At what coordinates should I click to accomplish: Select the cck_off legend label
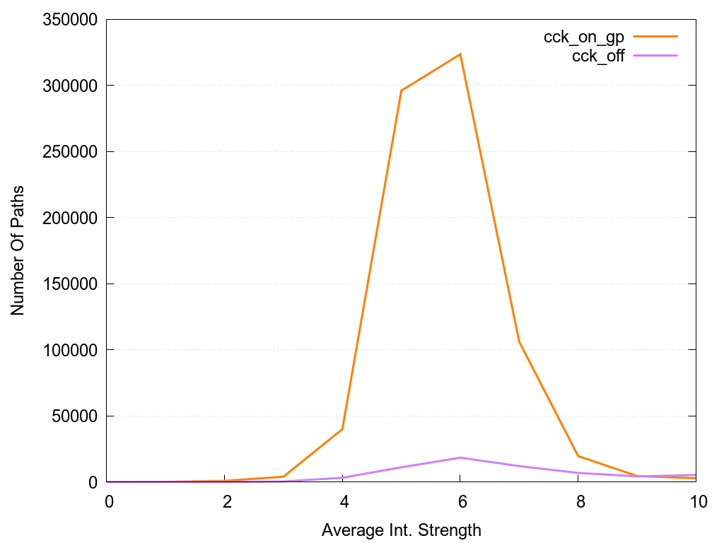(x=598, y=57)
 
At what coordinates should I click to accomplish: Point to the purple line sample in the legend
(x=656, y=55)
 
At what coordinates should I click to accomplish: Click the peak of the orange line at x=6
(x=460, y=54)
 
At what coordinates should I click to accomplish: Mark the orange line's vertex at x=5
(x=402, y=90)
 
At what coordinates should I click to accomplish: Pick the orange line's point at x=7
(x=520, y=341)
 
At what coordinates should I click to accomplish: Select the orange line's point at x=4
(x=342, y=429)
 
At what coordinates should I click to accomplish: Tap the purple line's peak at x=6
(x=460, y=457)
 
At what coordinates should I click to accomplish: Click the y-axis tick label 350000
(x=68, y=20)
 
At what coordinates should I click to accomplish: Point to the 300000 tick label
(x=68, y=86)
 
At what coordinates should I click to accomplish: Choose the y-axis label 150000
(x=68, y=284)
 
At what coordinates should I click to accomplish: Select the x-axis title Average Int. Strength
(x=402, y=530)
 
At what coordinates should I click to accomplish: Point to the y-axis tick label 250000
(x=68, y=152)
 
